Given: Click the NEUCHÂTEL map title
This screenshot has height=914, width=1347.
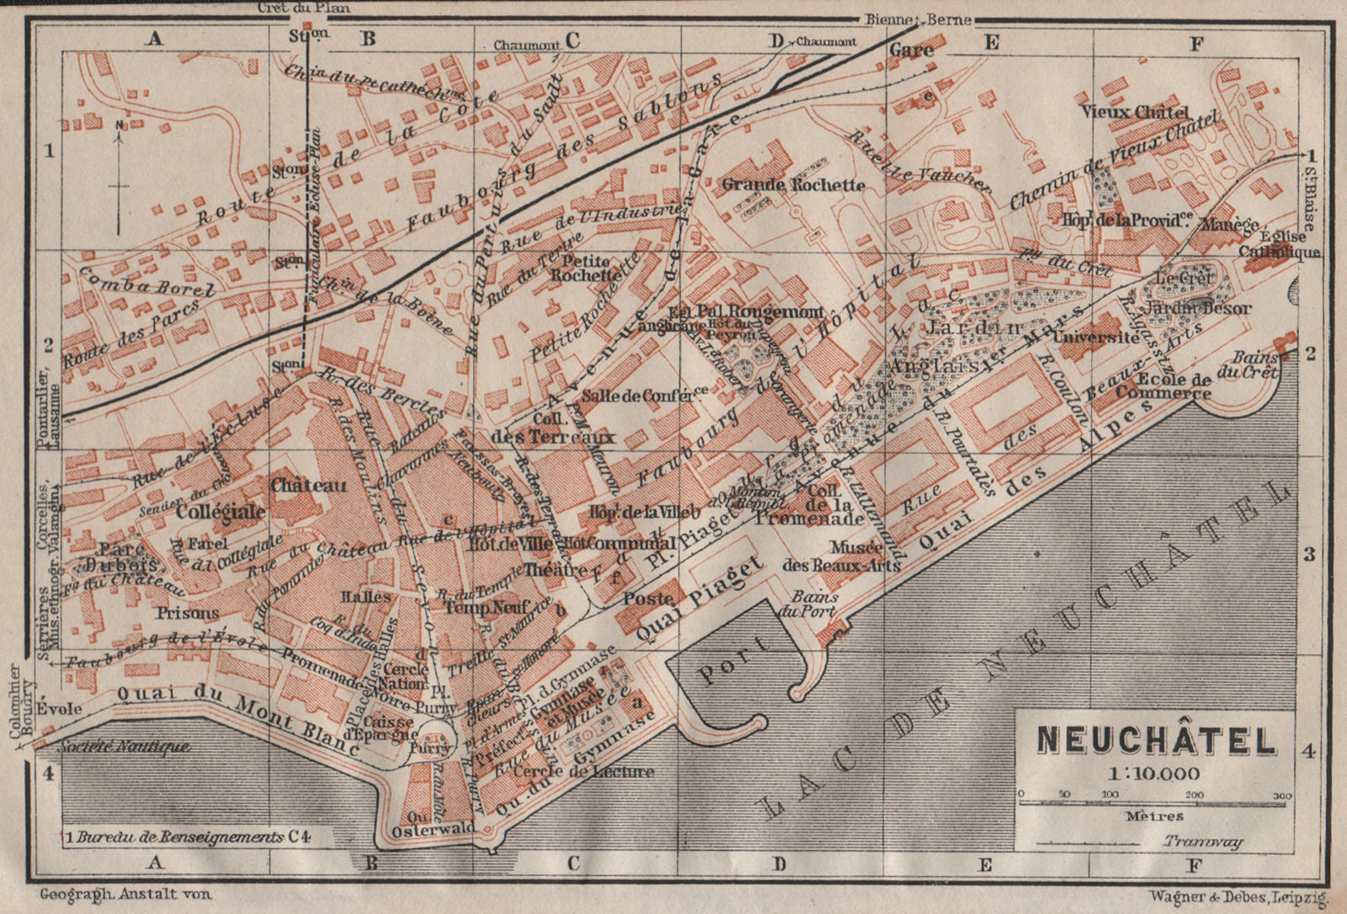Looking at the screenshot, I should pyautogui.click(x=1156, y=741).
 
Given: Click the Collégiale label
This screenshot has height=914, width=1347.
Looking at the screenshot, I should pyautogui.click(x=221, y=511).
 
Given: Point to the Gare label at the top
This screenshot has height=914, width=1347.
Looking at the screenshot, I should pyautogui.click(x=911, y=50).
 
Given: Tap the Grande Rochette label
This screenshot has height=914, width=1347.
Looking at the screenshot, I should pyautogui.click(x=793, y=184).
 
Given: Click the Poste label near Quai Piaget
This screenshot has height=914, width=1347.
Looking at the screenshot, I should pyautogui.click(x=648, y=598).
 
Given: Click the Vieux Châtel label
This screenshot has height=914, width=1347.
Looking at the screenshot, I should pyautogui.click(x=1146, y=112).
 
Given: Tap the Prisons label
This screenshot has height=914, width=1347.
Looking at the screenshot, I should pyautogui.click(x=188, y=613).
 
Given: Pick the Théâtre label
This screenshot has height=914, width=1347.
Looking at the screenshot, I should pyautogui.click(x=556, y=570).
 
